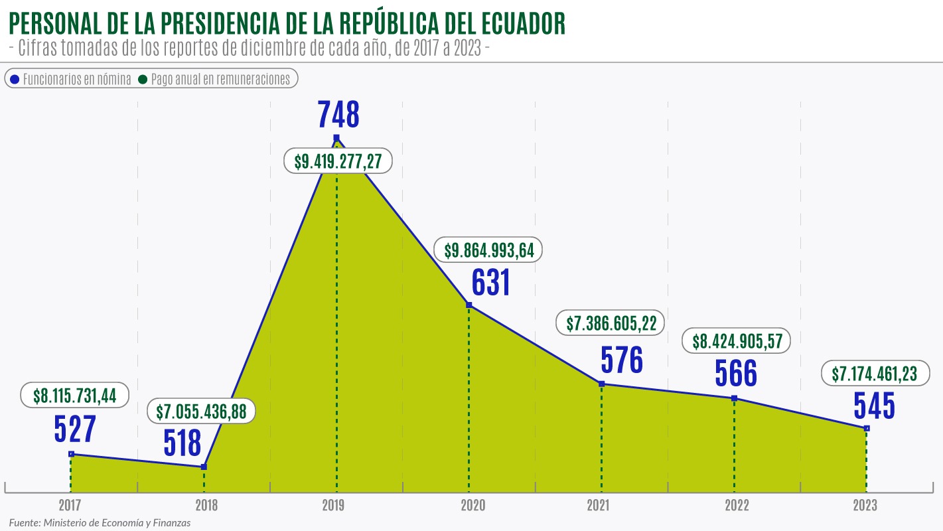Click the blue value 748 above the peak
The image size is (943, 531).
pos(338,114)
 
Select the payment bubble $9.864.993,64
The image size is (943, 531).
pos(488,250)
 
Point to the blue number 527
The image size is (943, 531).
pos(75,429)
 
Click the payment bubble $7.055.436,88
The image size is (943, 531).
pos(201,412)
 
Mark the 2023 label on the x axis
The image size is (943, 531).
pos(865,506)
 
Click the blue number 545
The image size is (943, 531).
pos(874,406)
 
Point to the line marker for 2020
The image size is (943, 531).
pos(469,305)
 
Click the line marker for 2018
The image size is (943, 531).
pos(204,467)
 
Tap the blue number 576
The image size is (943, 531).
pos(622,360)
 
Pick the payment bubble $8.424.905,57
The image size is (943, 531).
pos(737,342)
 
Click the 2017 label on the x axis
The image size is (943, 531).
pos(70,506)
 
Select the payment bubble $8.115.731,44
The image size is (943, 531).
pos(74,396)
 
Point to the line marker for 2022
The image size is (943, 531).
pos(734,398)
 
